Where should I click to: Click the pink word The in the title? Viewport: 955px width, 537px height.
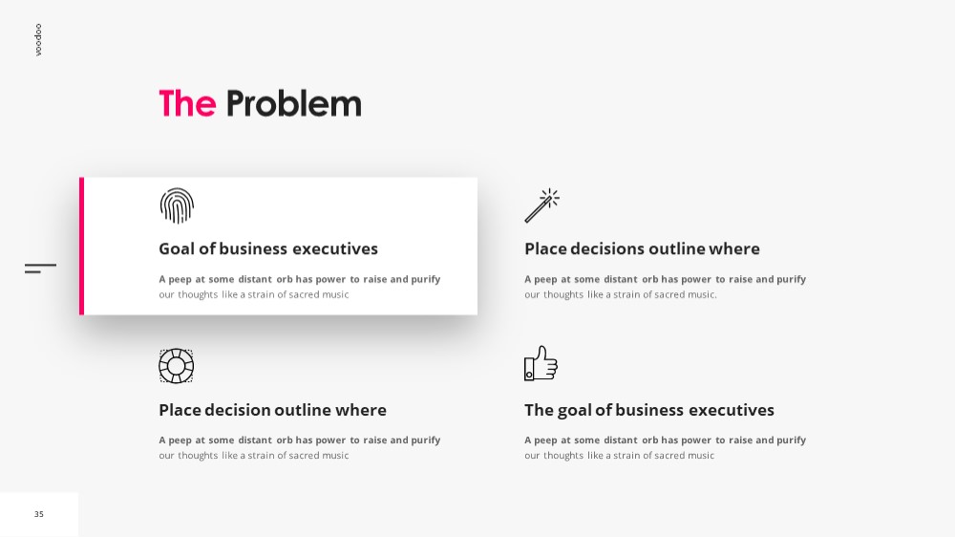coord(187,103)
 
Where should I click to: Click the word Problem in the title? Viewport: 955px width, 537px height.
coord(293,103)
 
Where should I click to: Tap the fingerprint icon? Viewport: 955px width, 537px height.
coord(177,205)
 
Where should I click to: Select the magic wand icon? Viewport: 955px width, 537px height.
coord(542,205)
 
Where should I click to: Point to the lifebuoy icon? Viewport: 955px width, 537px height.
coord(176,366)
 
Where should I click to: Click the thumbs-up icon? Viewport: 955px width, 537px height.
coord(541,363)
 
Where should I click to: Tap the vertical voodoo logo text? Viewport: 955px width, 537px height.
coord(38,39)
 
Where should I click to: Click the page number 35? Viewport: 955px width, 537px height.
coord(39,514)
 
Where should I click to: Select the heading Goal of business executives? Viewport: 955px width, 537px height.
coord(268,248)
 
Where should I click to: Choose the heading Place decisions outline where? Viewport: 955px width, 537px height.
coord(642,248)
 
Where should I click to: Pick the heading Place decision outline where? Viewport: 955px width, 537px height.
coord(272,410)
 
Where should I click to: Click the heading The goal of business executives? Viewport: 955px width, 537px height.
coord(649,410)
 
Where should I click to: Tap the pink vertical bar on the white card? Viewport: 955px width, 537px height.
coord(81,246)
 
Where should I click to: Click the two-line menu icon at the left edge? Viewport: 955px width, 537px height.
coord(40,268)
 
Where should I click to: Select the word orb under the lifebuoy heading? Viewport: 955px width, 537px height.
coord(285,440)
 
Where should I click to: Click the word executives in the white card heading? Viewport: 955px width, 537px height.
coord(335,248)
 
